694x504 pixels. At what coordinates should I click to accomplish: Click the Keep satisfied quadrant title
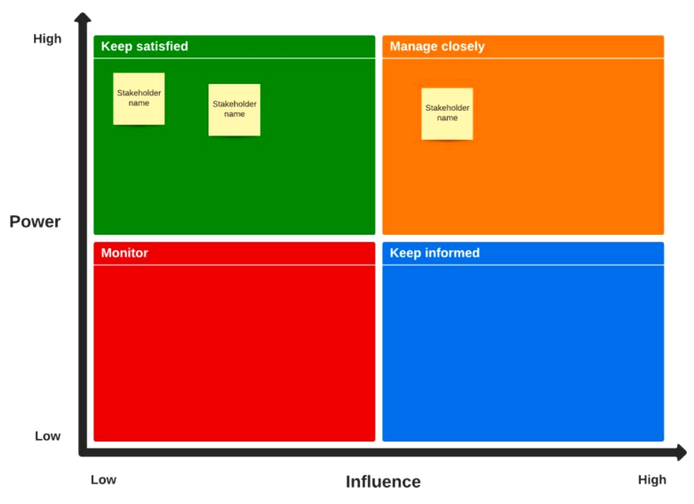144,46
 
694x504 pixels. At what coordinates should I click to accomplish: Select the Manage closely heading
437,46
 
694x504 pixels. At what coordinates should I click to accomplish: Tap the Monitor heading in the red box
124,253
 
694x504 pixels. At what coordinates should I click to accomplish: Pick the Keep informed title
435,253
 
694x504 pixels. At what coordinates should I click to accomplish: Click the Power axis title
35,222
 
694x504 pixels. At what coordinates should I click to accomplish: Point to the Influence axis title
383,482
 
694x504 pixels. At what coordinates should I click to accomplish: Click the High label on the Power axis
47,39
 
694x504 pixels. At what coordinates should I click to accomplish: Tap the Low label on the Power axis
48,436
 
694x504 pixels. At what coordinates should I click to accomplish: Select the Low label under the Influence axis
103,480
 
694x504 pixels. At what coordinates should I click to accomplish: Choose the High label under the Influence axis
652,480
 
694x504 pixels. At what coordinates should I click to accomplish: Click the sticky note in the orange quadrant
447,114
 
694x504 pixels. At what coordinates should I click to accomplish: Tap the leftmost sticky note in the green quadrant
139,99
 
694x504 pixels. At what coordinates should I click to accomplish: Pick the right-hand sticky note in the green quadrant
234,110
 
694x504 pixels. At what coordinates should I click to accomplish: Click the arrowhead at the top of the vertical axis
83,17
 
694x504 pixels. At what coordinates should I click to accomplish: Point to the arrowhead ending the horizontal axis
681,452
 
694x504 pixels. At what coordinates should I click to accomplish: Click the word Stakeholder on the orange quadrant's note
447,108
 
